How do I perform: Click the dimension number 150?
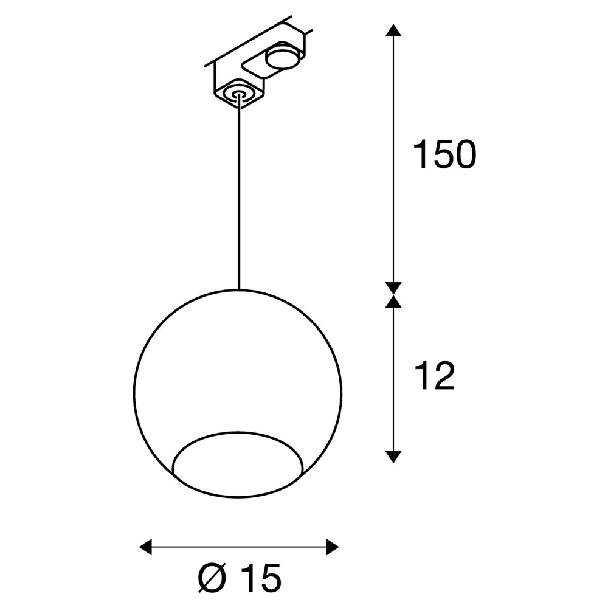[444, 154]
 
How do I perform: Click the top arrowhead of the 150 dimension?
[393, 30]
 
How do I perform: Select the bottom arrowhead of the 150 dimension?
[393, 288]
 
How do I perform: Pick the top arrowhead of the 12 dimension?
[393, 302]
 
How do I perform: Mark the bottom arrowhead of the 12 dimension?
[393, 457]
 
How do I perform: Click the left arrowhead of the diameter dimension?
[145, 547]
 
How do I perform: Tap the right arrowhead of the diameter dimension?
[333, 547]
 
